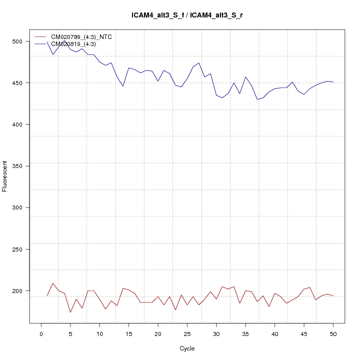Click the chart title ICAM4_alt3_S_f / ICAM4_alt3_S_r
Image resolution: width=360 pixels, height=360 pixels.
pos(187,15)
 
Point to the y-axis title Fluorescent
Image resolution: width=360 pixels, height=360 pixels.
pos(5,176)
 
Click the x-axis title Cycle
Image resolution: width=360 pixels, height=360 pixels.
pos(187,348)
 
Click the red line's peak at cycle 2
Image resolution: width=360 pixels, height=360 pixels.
pos(53,283)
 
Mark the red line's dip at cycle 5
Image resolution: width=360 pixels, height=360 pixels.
pos(70,312)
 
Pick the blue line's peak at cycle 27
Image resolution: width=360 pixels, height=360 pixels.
pos(199,62)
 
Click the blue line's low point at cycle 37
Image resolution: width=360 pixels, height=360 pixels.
pos(257,99)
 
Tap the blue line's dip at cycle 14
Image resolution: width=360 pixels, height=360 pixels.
pos(123,86)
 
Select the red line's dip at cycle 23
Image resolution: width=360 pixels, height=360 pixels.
pos(175,310)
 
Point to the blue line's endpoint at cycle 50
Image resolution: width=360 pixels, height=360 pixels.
pos(333,82)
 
